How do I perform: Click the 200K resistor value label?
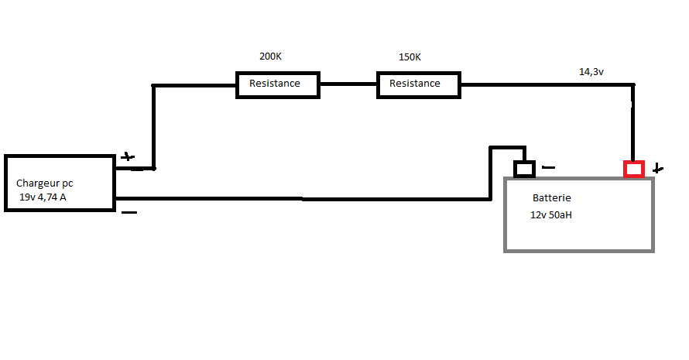[x=271, y=57]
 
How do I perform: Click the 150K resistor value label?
[x=410, y=57]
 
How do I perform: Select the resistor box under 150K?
[x=419, y=84]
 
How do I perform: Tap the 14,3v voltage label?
[x=591, y=71]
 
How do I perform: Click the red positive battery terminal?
[x=634, y=168]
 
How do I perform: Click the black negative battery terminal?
[x=525, y=168]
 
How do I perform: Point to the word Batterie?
[x=552, y=198]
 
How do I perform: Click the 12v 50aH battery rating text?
[x=551, y=214]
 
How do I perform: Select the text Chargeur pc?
[x=45, y=183]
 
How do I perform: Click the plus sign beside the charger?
[x=128, y=156]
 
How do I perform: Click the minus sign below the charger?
[x=129, y=211]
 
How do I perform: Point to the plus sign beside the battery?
[x=657, y=168]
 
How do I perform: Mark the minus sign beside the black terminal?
[x=548, y=166]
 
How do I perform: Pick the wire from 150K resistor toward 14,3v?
[x=542, y=84]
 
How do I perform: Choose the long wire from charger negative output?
[x=302, y=199]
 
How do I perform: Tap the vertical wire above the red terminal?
[x=633, y=124]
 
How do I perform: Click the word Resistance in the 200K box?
[x=274, y=84]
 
